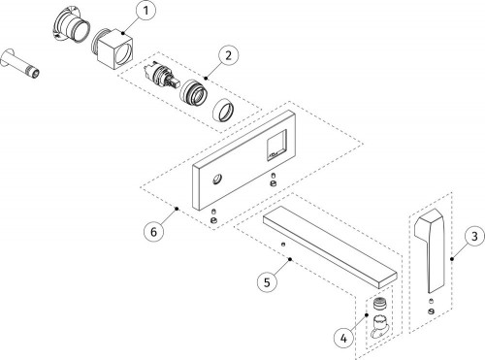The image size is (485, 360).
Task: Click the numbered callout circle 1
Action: click(145, 12)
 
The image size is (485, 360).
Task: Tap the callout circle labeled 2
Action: click(228, 55)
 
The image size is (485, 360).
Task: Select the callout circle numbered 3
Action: click(474, 237)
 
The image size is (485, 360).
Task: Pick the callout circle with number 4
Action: click(343, 339)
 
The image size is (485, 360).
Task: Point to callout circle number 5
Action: click(267, 282)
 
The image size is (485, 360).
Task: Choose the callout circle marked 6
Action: click(154, 231)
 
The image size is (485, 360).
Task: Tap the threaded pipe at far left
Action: click(20, 63)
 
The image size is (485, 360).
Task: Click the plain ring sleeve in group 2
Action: click(223, 109)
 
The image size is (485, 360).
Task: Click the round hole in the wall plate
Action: click(217, 179)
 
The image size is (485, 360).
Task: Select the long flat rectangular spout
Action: click(330, 246)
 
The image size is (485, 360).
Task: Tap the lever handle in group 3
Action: click(428, 250)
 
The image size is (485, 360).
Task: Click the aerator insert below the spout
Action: click(378, 304)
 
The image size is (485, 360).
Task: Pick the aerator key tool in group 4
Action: click(380, 326)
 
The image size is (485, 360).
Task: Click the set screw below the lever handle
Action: click(431, 311)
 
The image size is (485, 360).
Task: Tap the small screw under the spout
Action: click(283, 245)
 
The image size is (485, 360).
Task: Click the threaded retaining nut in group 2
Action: click(194, 93)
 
